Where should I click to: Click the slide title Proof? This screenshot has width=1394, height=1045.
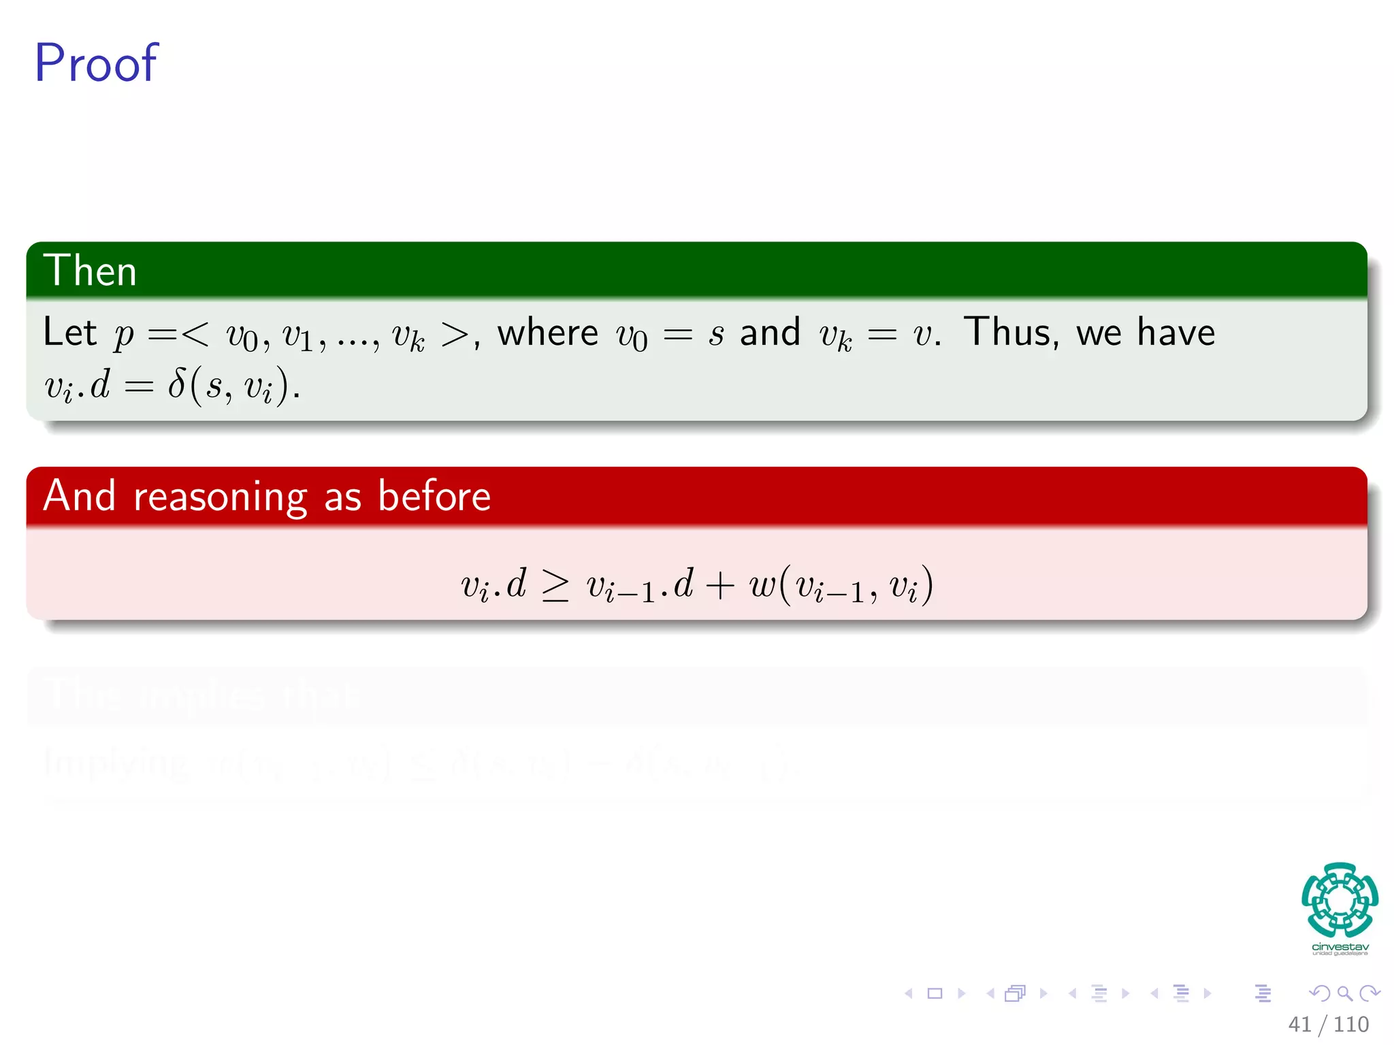[96, 63]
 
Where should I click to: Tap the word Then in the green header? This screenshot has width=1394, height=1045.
[90, 271]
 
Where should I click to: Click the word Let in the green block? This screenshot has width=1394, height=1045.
[69, 332]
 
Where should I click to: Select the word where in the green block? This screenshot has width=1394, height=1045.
[548, 333]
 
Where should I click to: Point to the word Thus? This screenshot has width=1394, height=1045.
[1011, 333]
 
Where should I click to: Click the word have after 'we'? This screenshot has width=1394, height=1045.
[1176, 333]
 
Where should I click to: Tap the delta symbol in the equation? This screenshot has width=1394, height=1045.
[177, 385]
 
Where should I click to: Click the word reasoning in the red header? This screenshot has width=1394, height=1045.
[221, 497]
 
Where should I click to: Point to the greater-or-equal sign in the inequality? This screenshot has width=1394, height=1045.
[555, 585]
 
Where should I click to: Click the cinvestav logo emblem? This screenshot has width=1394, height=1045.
[1340, 899]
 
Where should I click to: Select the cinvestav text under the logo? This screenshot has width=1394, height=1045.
[1340, 947]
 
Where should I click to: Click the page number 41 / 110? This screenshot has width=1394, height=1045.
[1328, 1024]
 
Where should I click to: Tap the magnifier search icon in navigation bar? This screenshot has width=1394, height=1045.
[1344, 993]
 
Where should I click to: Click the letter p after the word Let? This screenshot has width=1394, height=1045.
[124, 335]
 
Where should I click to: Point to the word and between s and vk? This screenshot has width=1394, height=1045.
[770, 333]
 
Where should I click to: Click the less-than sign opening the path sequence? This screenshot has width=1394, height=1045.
[195, 333]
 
